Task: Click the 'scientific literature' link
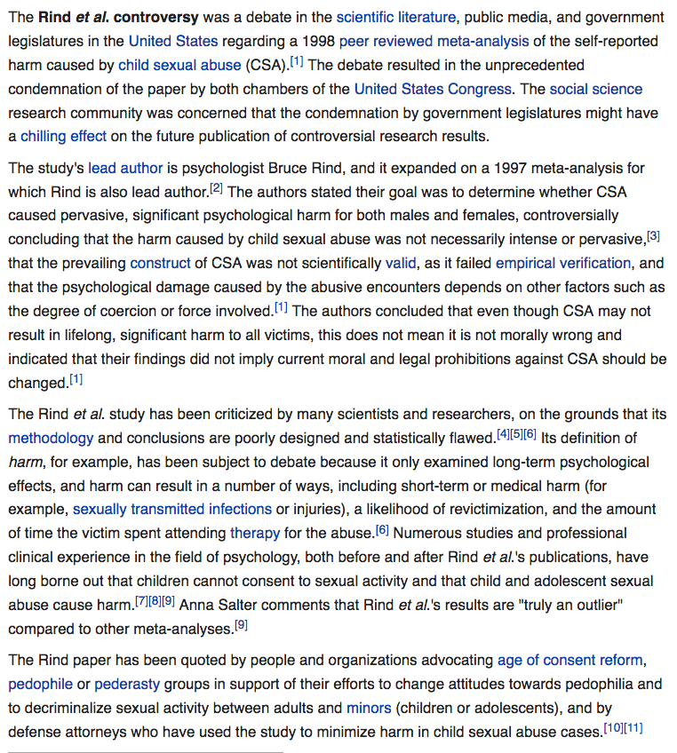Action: point(396,18)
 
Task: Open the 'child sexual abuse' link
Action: point(179,65)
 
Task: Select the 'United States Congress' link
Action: point(433,89)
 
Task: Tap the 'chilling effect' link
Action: point(63,136)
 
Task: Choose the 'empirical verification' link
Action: point(563,263)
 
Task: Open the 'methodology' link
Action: point(51,438)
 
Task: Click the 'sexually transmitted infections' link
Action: point(172,509)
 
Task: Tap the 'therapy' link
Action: point(255,533)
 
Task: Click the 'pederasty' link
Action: point(126,684)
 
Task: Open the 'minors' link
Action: point(369,708)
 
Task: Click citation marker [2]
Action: point(216,188)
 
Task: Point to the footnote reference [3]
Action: point(653,235)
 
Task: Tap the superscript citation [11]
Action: point(633,728)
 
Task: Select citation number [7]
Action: point(142,601)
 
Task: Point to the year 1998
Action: point(317,41)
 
